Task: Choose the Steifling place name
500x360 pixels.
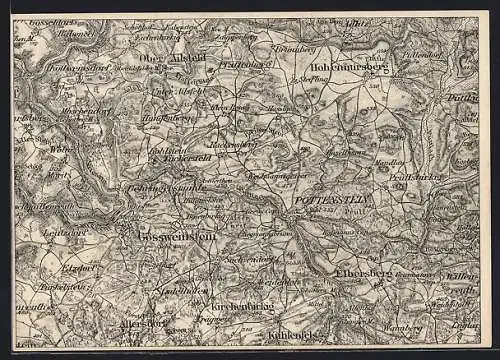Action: pyautogui.click(x=307, y=77)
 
